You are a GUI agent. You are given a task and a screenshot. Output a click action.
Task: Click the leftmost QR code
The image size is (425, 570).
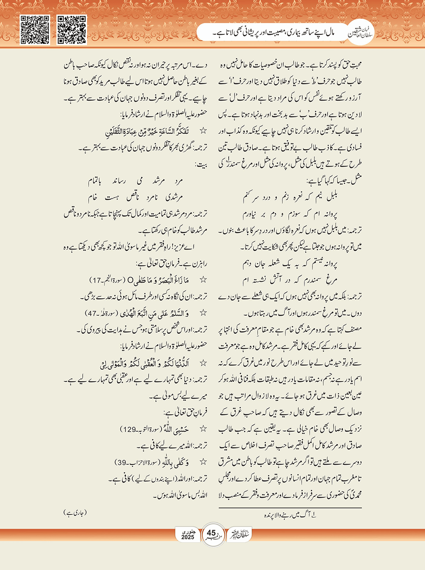[x=35, y=30]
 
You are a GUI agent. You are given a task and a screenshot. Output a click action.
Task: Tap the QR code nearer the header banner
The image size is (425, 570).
[x=71, y=30]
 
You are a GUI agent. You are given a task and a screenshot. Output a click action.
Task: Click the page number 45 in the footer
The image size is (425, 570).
[x=211, y=533]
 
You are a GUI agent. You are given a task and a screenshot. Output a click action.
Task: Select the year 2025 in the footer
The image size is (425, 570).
[x=188, y=537]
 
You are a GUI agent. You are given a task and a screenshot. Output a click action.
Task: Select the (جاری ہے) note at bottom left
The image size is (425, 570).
[x=75, y=512]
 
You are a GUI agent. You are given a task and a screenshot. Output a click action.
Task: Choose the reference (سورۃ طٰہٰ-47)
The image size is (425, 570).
[x=103, y=313]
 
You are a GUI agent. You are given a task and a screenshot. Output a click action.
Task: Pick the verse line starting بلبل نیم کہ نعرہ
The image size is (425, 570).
[x=290, y=197]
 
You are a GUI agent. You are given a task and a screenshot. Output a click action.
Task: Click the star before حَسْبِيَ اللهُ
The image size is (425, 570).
[x=203, y=429]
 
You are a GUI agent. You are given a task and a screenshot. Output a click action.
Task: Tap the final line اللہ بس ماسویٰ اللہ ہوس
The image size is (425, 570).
[x=180, y=495]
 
